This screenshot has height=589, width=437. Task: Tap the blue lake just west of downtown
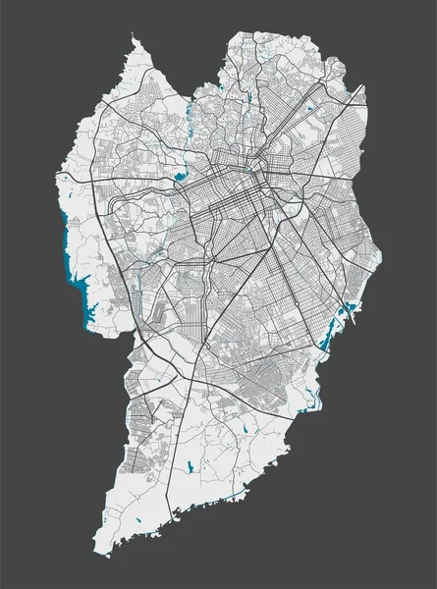[181, 178]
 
